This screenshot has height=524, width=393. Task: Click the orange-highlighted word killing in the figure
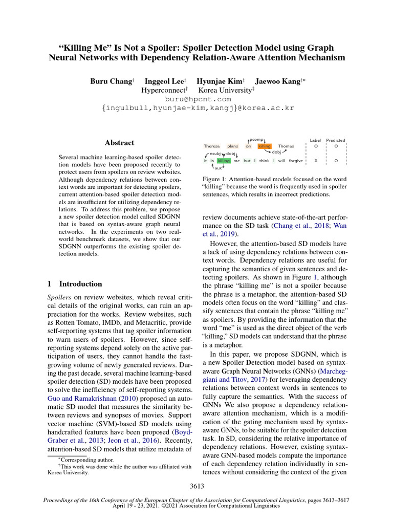pos(264,146)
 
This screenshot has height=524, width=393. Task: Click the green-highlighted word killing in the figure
pos(224,161)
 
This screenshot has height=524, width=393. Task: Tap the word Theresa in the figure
pos(211,146)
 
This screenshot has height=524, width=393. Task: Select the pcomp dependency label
pos(256,139)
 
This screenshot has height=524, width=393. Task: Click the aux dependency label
pos(219,168)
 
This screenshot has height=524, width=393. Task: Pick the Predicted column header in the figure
pos(336,140)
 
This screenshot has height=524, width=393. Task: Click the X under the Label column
pos(316,161)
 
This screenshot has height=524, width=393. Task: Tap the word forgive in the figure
pos(296,161)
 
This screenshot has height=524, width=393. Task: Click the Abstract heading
pos(119,143)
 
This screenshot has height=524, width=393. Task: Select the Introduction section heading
pos(80,283)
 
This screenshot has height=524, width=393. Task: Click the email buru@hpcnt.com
pos(198,99)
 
